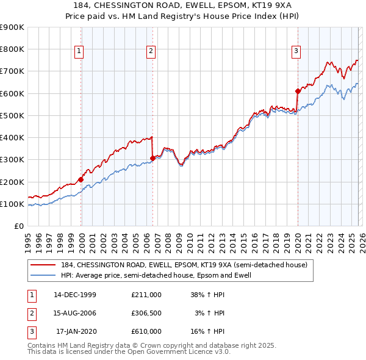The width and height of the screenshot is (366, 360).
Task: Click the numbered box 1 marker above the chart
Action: pyautogui.click(x=79, y=52)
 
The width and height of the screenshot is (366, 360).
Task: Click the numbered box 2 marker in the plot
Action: pyautogui.click(x=151, y=52)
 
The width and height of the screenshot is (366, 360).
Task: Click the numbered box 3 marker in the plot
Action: pyautogui.click(x=295, y=52)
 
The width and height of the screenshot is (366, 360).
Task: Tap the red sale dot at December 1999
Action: pyautogui.click(x=81, y=179)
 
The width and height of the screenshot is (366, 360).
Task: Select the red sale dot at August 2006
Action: pyautogui.click(x=152, y=158)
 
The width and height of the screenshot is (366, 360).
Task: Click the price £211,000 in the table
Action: pyautogui.click(x=146, y=294)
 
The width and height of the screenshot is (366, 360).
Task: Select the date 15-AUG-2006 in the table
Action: pyautogui.click(x=75, y=313)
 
